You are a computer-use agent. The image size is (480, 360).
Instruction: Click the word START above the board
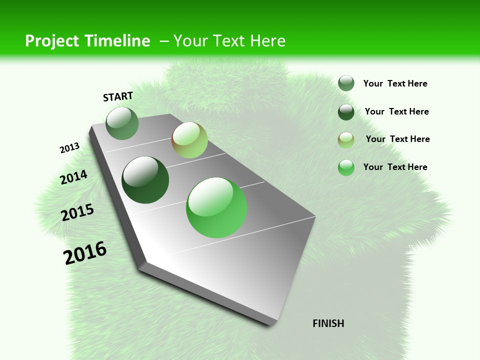pyautogui.click(x=118, y=96)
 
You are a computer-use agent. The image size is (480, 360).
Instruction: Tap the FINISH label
pyautogui.click(x=328, y=323)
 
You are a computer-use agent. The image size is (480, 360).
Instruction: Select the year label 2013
pyautogui.click(x=70, y=148)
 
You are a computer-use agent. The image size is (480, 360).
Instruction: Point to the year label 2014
pyautogui.click(x=73, y=177)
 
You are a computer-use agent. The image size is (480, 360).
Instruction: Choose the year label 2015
pyautogui.click(x=77, y=212)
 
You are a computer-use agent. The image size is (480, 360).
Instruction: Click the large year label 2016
pyautogui.click(x=85, y=252)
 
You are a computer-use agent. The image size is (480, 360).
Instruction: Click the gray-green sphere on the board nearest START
pyautogui.click(x=122, y=123)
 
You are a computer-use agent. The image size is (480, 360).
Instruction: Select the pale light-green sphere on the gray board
pyautogui.click(x=189, y=140)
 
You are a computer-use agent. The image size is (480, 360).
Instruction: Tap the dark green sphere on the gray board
pyautogui.click(x=145, y=180)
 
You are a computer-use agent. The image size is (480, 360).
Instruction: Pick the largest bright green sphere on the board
pyautogui.click(x=216, y=207)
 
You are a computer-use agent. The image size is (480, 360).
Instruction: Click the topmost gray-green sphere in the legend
pyautogui.click(x=346, y=83)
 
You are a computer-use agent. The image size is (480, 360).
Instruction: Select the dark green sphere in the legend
pyautogui.click(x=346, y=112)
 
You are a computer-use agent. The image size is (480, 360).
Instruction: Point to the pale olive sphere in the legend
pyautogui.click(x=346, y=140)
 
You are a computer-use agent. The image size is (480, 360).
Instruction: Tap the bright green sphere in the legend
pyautogui.click(x=346, y=167)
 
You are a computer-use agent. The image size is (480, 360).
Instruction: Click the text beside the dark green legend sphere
pyautogui.click(x=396, y=111)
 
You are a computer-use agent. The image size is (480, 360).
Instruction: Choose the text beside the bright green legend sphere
pyautogui.click(x=395, y=167)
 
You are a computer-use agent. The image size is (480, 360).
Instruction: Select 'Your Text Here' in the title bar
pyautogui.click(x=229, y=41)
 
